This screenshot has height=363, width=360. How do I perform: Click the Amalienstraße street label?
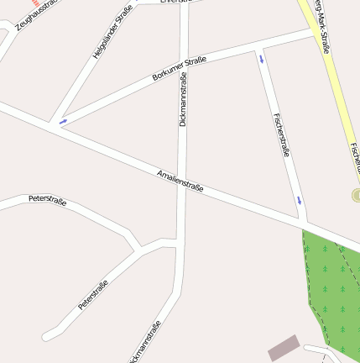(180, 181)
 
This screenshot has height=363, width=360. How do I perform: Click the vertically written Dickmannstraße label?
(183, 98)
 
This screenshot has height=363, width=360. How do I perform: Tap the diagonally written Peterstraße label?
(93, 294)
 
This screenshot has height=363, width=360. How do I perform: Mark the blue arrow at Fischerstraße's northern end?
(263, 60)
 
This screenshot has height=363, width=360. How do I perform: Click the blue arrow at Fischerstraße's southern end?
(299, 200)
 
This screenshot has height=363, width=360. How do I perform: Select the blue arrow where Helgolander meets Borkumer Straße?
(63, 123)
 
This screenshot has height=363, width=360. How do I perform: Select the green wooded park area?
(336, 286)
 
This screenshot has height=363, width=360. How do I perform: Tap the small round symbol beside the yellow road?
(356, 195)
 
